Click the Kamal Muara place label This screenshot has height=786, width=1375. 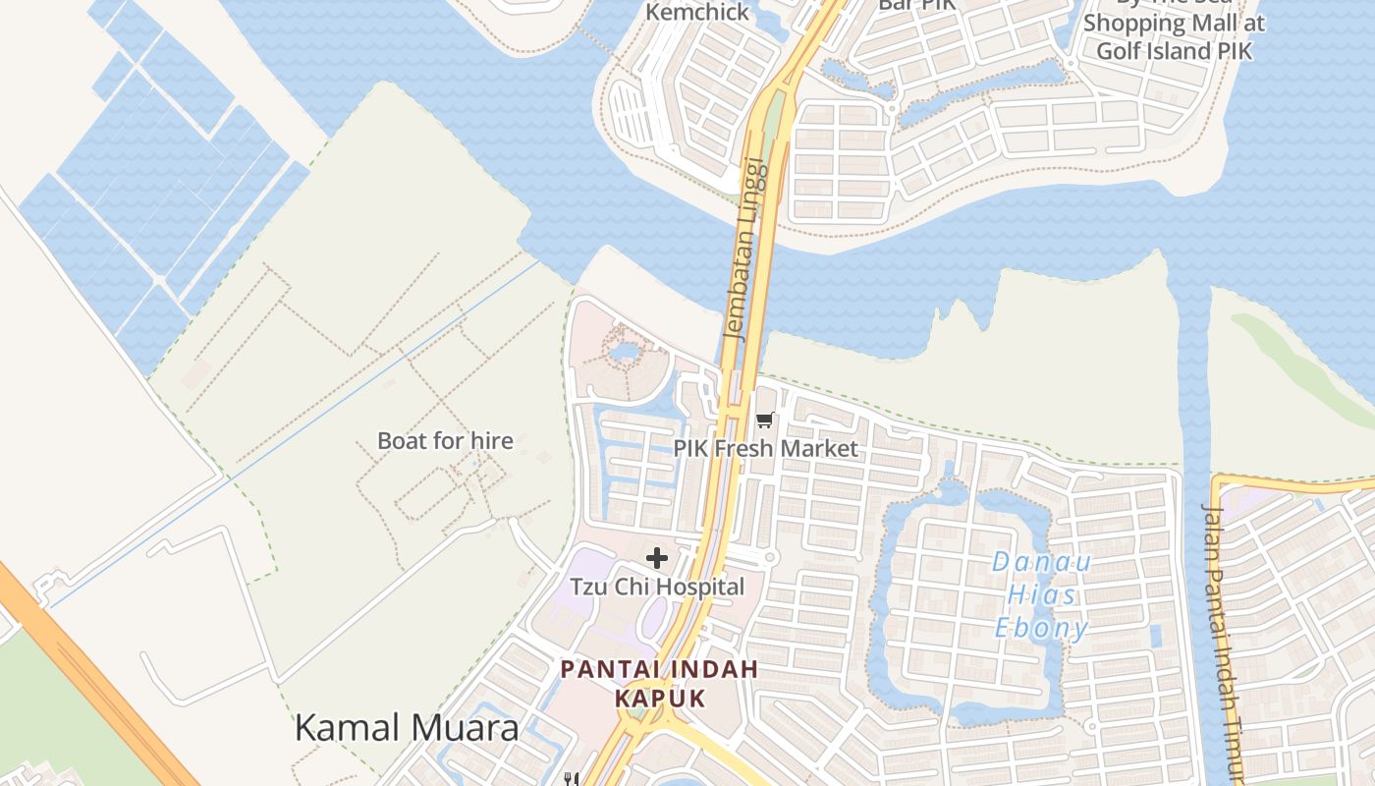click(x=407, y=728)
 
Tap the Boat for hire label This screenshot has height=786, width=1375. click(x=445, y=440)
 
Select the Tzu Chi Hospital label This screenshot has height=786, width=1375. click(x=657, y=587)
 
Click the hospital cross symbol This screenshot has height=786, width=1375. click(x=657, y=558)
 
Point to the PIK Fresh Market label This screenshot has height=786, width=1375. click(x=765, y=449)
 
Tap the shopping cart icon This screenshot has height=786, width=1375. click(x=765, y=420)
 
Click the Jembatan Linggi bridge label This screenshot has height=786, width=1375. click(x=743, y=248)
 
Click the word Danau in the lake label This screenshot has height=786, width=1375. click(x=1027, y=562)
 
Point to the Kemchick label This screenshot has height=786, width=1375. click(x=697, y=12)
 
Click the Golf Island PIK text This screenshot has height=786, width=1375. click(x=1175, y=49)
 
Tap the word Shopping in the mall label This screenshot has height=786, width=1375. click(x=1134, y=23)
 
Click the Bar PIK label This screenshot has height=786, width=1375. click(x=915, y=5)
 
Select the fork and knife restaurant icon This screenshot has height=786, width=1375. click(x=571, y=779)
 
